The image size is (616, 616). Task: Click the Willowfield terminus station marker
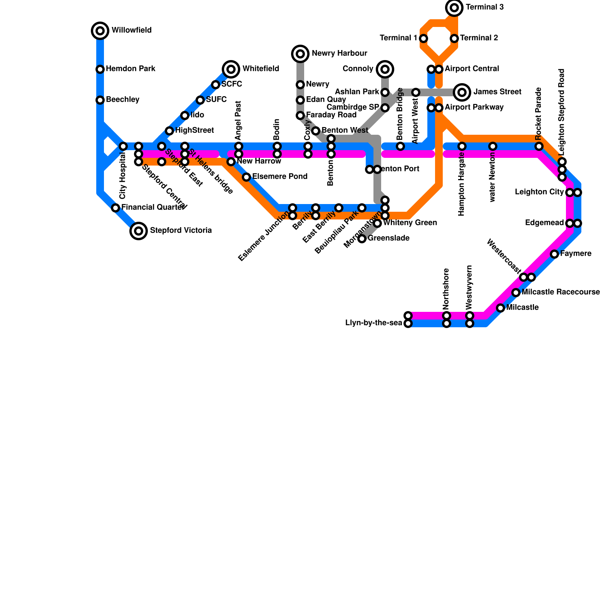coord(100,30)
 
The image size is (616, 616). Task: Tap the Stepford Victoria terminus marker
coord(139,231)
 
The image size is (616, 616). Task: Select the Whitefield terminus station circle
coord(231,69)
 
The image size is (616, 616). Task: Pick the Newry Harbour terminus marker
coord(300,54)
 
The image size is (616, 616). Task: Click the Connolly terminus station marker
coord(385,69)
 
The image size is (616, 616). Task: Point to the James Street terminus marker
coord(462,92)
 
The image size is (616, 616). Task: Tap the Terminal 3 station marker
coord(454,8)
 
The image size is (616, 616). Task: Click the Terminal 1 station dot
coord(423,38)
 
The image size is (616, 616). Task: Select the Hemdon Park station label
coord(131,69)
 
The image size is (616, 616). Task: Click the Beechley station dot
coord(100,100)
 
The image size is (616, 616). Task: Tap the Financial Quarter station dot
coord(115,208)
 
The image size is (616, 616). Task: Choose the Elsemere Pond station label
coord(280,177)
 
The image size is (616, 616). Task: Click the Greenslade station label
coord(388,238)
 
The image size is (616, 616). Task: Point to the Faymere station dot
coord(554,254)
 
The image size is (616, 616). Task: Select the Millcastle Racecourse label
coord(561,292)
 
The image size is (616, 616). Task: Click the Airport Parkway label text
coord(474,107)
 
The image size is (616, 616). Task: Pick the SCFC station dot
coord(216,85)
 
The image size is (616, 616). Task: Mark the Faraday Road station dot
coord(300,115)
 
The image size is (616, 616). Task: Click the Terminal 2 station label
coord(479,38)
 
